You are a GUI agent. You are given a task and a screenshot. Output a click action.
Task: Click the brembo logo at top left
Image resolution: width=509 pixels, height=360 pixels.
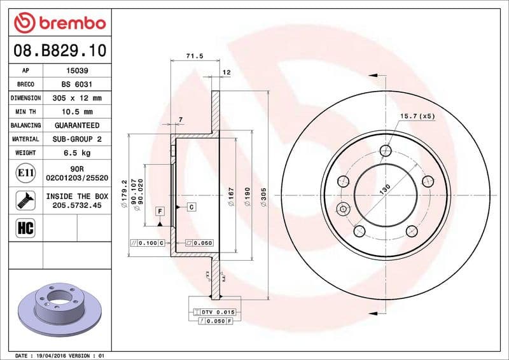(x=59, y=24)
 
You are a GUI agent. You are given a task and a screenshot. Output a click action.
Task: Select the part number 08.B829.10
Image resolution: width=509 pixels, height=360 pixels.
(x=59, y=50)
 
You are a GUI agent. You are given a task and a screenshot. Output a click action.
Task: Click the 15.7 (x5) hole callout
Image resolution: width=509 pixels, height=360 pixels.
(x=417, y=116)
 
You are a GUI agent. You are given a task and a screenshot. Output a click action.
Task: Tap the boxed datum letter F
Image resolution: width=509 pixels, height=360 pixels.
(x=160, y=211)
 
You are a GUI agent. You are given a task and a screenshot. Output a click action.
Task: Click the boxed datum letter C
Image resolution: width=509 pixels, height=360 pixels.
(x=191, y=207)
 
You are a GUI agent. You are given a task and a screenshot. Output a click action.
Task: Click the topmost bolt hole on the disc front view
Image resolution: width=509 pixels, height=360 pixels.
(x=385, y=150)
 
